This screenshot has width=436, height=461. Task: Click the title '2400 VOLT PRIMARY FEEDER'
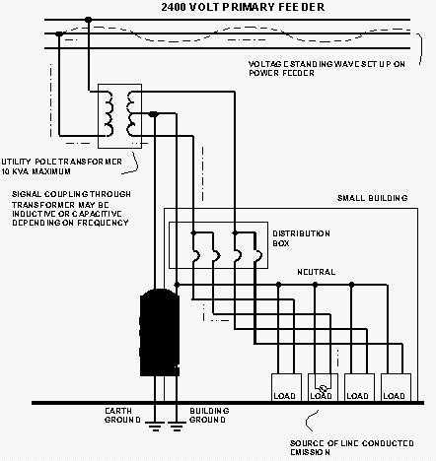[243, 7]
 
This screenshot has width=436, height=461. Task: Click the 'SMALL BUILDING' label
[372, 198]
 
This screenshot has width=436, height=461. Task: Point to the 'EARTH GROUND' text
[122, 416]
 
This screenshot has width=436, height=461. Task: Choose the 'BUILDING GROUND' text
[209, 416]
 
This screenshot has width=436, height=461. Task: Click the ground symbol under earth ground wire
[155, 426]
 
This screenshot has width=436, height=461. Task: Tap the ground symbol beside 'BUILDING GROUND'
[177, 426]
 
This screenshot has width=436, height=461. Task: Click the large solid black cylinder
[160, 332]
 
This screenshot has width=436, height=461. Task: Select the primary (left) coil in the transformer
[109, 113]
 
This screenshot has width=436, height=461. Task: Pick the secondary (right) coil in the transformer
[130, 113]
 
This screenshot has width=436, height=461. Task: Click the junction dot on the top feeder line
[88, 20]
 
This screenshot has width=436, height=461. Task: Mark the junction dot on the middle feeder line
[59, 33]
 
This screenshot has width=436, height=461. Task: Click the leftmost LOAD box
[286, 387]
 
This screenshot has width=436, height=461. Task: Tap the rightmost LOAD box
[396, 387]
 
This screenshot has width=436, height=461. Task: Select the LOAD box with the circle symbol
[323, 387]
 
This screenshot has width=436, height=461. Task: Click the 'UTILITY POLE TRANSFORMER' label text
[61, 162]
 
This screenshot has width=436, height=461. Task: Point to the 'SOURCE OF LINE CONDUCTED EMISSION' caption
[351, 447]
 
